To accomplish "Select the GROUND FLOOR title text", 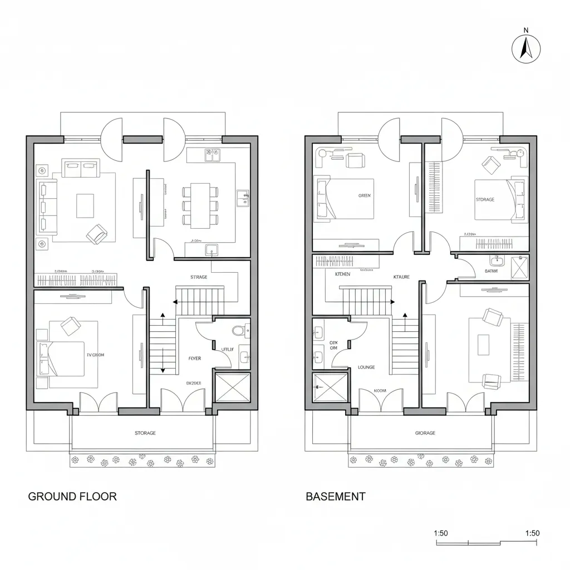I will (x=72, y=497).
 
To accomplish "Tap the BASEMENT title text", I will (x=336, y=497).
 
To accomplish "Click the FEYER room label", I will (x=195, y=359).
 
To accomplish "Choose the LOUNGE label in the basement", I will (x=366, y=367).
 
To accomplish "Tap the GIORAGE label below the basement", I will (x=425, y=433).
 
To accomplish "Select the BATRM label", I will (x=491, y=271).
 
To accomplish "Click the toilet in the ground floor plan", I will (x=238, y=331).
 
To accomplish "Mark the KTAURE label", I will (x=401, y=277).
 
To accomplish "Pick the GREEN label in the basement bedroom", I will (x=365, y=196).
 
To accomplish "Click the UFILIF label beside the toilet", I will (x=228, y=349).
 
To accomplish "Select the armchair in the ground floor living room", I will (x=97, y=234).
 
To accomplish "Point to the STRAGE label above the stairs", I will (x=199, y=277).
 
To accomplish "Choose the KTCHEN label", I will (x=343, y=274).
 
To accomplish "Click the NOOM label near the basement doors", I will (x=380, y=391).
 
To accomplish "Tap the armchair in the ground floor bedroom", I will (x=70, y=326).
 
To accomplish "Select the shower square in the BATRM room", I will (x=520, y=267).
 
